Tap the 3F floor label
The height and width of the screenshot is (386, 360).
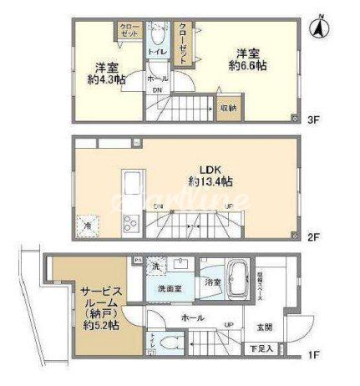(x=314, y=119)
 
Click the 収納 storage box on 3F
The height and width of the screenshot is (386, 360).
(x=228, y=108)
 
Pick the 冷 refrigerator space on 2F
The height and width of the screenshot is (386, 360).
(x=86, y=225)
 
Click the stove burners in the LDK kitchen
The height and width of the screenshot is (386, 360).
(x=132, y=223)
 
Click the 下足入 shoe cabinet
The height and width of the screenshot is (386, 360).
(x=264, y=348)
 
